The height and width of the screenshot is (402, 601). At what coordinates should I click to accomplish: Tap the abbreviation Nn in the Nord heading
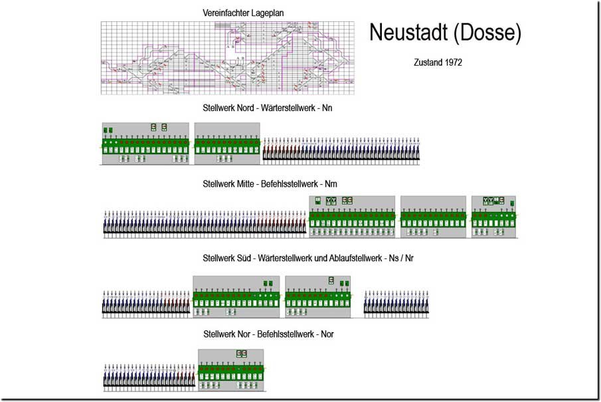click(336, 107)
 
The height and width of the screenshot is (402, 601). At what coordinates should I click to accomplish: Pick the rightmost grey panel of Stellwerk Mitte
click(493, 217)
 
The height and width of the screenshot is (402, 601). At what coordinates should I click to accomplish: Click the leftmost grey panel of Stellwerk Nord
click(145, 143)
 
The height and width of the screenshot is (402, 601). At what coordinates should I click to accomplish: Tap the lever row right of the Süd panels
click(396, 302)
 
